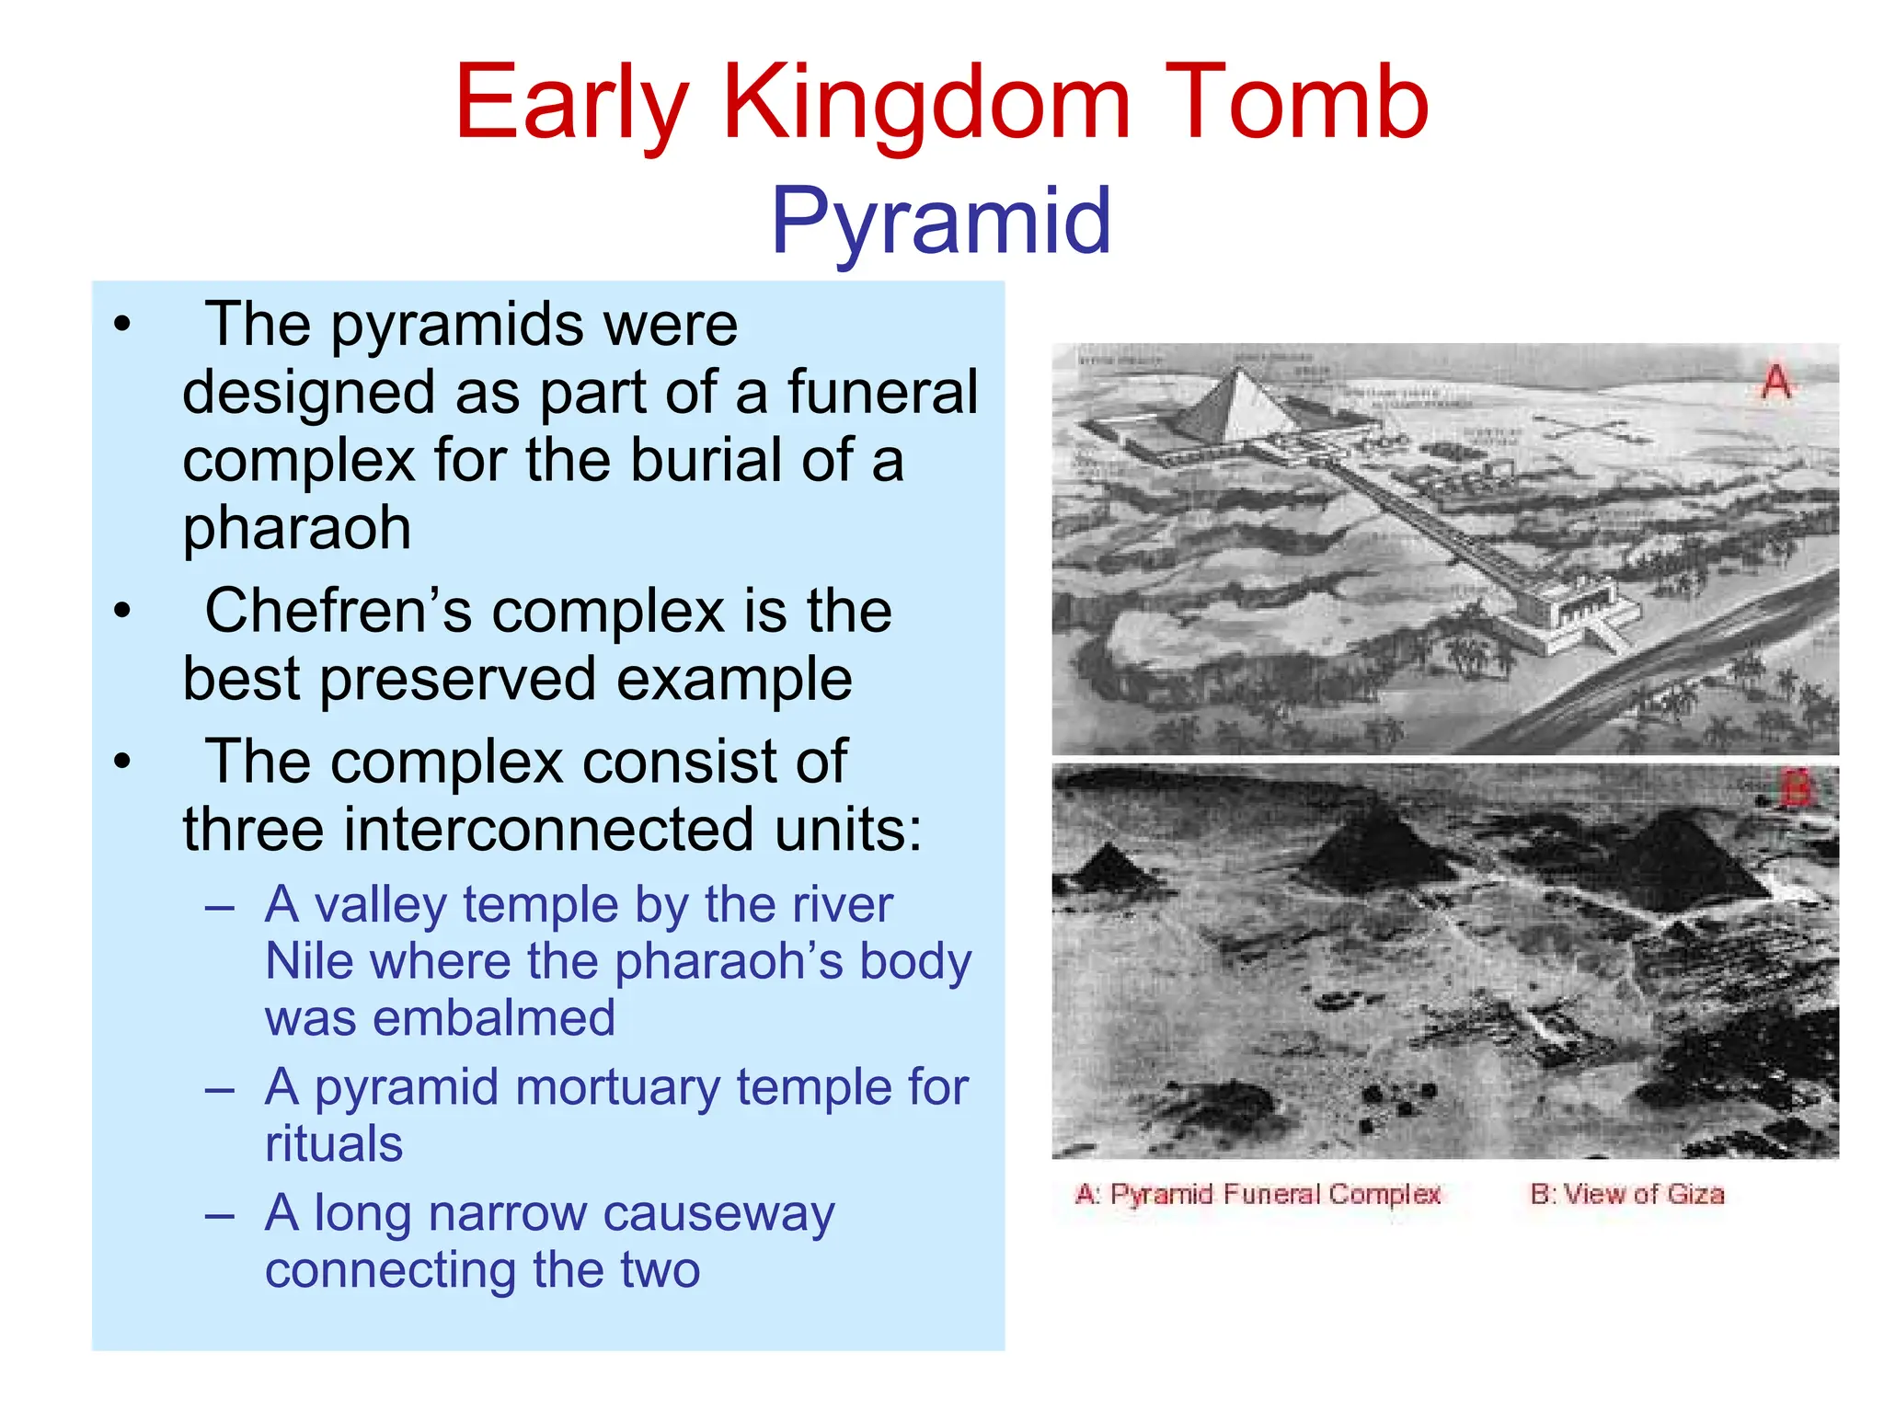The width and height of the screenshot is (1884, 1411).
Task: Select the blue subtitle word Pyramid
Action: pyautogui.click(x=940, y=221)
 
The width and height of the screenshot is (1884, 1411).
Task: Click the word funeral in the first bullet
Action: pyautogui.click(x=882, y=393)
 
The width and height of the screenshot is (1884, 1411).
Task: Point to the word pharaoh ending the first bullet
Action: pyautogui.click(x=296, y=529)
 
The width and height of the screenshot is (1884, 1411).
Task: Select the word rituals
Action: pyautogui.click(x=334, y=1144)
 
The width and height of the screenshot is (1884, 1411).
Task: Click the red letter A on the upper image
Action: pyautogui.click(x=1775, y=381)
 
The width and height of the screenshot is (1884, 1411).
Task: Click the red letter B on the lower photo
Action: pyautogui.click(x=1795, y=788)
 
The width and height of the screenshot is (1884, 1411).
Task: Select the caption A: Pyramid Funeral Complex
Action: pyautogui.click(x=1257, y=1194)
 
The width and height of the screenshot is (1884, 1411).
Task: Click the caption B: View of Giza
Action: pyautogui.click(x=1626, y=1194)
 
